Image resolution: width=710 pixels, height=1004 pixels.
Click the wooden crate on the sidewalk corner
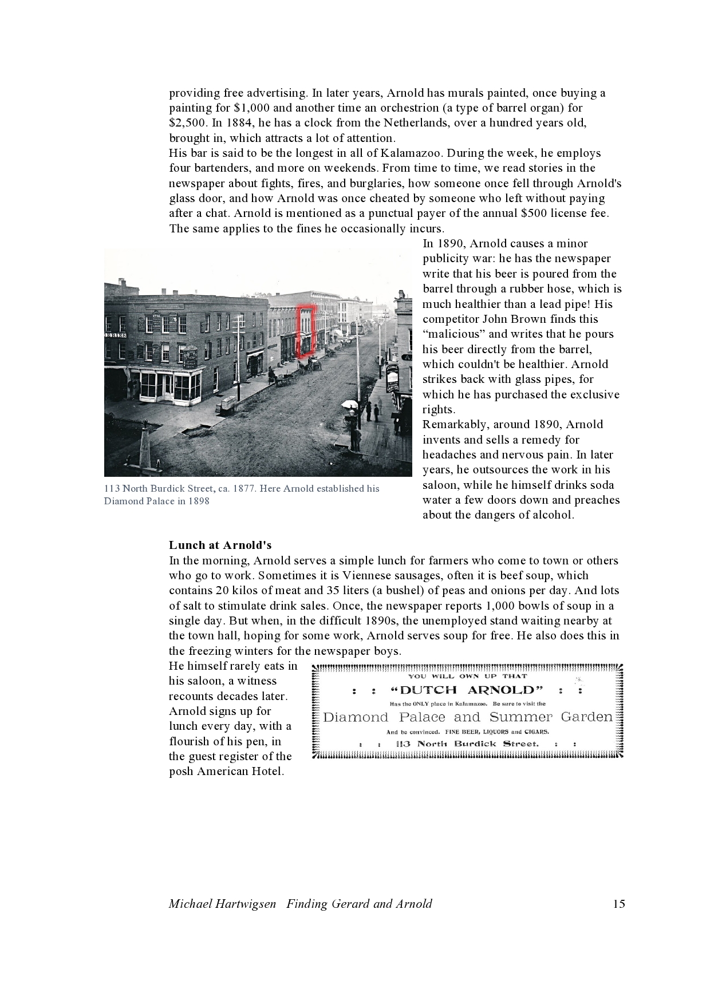tap(227, 405)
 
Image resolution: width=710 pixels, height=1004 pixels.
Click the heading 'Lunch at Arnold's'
tap(220, 545)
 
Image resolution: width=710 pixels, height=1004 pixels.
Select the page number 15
tap(618, 904)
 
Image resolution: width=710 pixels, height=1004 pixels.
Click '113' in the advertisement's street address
tap(404, 744)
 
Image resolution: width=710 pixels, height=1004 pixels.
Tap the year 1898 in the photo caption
tap(198, 501)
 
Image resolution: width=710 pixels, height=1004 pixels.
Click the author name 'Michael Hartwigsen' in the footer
tap(222, 904)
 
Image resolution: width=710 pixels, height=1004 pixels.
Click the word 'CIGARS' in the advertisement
tap(536, 732)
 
